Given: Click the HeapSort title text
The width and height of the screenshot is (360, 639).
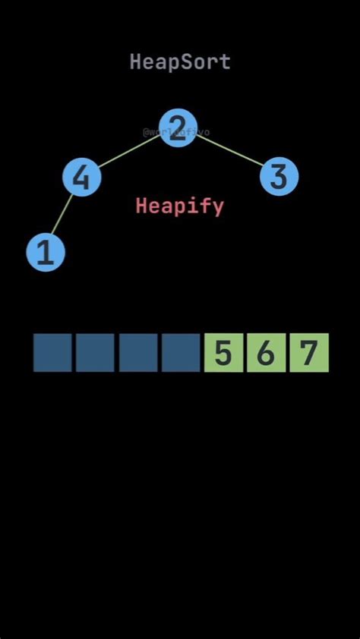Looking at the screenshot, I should (x=180, y=62).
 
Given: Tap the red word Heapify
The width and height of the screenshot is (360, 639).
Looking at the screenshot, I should (x=180, y=206).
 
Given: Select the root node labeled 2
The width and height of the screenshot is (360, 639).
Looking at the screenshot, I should (x=178, y=127).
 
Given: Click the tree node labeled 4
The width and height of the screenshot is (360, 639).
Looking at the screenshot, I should (x=81, y=178).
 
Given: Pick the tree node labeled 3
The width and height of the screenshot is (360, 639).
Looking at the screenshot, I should (x=279, y=177).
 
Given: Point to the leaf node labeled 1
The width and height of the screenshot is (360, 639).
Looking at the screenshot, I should (x=46, y=252).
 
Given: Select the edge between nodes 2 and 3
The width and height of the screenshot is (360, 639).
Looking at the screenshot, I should (x=228, y=152).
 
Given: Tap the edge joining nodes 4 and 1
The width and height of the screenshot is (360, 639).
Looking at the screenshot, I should (x=62, y=216).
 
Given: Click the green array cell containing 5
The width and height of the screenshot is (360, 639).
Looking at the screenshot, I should (x=223, y=353).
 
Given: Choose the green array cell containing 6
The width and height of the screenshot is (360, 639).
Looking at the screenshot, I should (x=266, y=353).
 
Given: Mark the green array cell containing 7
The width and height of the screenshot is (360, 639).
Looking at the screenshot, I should (x=308, y=353).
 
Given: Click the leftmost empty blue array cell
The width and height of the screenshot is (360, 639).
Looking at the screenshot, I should (x=52, y=353).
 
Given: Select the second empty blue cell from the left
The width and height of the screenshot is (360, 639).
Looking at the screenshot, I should (x=95, y=353).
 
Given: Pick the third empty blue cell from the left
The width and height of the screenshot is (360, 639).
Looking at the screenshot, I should (x=138, y=353).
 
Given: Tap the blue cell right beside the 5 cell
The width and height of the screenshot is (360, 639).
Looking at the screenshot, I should (x=181, y=353).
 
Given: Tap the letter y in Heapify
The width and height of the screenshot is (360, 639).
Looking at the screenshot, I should (x=217, y=207).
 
